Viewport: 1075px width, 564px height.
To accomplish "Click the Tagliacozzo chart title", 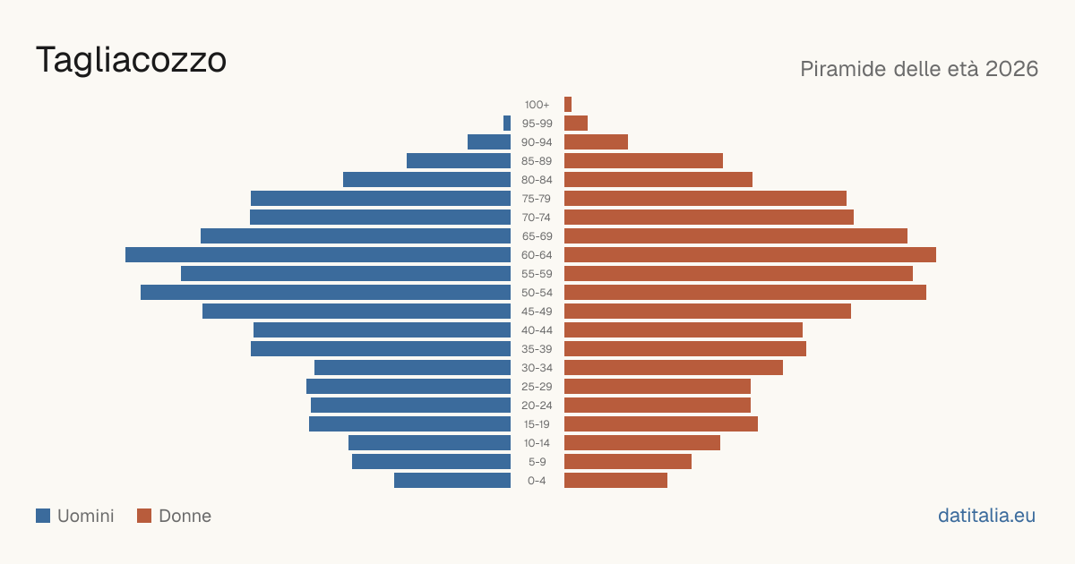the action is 131,61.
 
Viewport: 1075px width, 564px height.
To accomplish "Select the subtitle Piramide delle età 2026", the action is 919,69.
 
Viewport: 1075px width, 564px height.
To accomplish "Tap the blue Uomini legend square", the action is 43,516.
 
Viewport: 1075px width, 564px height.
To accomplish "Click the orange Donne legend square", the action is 144,516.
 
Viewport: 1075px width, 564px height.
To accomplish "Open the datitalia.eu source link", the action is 986,516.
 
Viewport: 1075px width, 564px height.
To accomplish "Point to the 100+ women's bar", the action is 568,104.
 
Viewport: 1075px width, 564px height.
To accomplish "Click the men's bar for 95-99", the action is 507,124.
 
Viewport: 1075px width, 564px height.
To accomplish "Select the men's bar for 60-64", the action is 318,254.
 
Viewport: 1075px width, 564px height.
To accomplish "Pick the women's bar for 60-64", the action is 750,254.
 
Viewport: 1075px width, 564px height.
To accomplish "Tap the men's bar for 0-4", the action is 452,481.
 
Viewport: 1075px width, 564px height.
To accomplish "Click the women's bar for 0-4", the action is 615,481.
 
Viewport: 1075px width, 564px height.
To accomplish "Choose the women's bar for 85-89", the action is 643,160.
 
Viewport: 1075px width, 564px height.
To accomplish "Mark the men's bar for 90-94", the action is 489,142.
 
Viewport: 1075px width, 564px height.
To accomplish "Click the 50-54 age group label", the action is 537,293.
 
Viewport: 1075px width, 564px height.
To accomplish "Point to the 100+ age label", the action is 537,105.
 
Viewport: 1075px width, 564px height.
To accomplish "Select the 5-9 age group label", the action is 537,462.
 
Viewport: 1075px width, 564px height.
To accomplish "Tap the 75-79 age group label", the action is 537,199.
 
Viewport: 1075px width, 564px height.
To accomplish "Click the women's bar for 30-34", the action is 674,368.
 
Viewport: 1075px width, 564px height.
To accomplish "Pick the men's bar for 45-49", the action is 357,312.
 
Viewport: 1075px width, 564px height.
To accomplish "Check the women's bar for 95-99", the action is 576,124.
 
